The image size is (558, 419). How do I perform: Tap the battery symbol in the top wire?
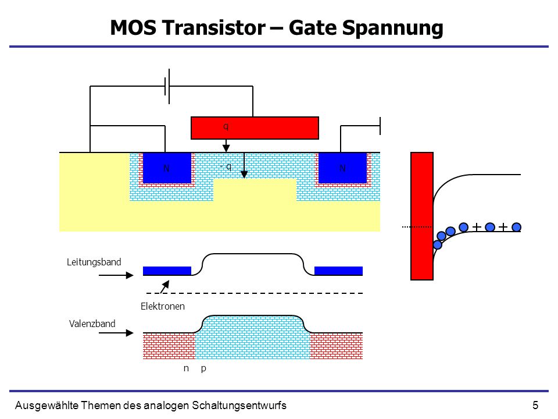coord(167,86)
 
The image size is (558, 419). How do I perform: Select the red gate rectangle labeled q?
coord(255,128)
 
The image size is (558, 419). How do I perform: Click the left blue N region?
coord(167,168)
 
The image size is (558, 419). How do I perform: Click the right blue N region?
coord(342,168)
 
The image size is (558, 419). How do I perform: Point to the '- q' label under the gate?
coord(226,166)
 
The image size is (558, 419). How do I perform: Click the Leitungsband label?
coord(94,262)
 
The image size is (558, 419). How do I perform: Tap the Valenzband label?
coord(92,324)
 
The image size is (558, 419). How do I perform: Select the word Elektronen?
coord(163,307)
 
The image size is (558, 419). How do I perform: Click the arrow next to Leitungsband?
coord(116,275)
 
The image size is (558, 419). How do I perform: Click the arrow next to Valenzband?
coord(116,333)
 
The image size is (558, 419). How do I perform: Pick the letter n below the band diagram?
coord(186,369)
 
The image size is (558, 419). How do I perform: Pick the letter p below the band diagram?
coord(203,369)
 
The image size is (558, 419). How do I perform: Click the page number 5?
coord(535,406)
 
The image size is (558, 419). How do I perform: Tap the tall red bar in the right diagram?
coord(422,216)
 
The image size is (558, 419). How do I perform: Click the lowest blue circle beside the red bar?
coord(438,245)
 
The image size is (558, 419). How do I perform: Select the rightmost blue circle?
coord(516,227)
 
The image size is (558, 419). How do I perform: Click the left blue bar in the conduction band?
coord(167,271)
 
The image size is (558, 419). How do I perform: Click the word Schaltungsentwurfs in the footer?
coord(239,406)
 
